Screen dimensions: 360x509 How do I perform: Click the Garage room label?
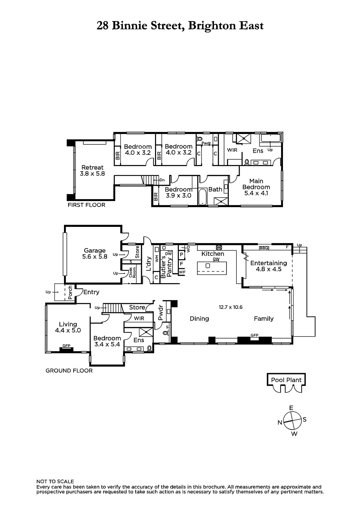(95, 250)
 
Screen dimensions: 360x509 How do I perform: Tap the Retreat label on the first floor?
(92, 167)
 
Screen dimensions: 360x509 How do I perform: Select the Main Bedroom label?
(256, 184)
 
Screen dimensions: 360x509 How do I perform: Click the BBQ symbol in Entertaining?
(264, 248)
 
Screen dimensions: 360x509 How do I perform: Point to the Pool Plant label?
(286, 380)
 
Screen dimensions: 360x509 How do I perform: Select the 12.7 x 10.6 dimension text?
(230, 307)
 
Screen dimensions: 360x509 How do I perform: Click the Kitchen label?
(213, 254)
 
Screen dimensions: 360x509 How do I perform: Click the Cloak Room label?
(132, 272)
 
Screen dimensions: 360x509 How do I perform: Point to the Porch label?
(70, 292)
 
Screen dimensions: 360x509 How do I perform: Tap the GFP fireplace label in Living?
(67, 345)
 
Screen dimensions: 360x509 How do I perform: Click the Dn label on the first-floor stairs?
(162, 180)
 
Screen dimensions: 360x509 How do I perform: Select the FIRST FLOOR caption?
(86, 205)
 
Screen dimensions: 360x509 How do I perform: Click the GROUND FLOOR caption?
(69, 371)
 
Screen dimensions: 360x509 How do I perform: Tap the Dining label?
(199, 318)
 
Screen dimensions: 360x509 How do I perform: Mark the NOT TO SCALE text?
(55, 481)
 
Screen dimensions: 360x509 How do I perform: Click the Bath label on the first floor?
(215, 189)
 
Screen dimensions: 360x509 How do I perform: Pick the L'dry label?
(149, 264)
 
